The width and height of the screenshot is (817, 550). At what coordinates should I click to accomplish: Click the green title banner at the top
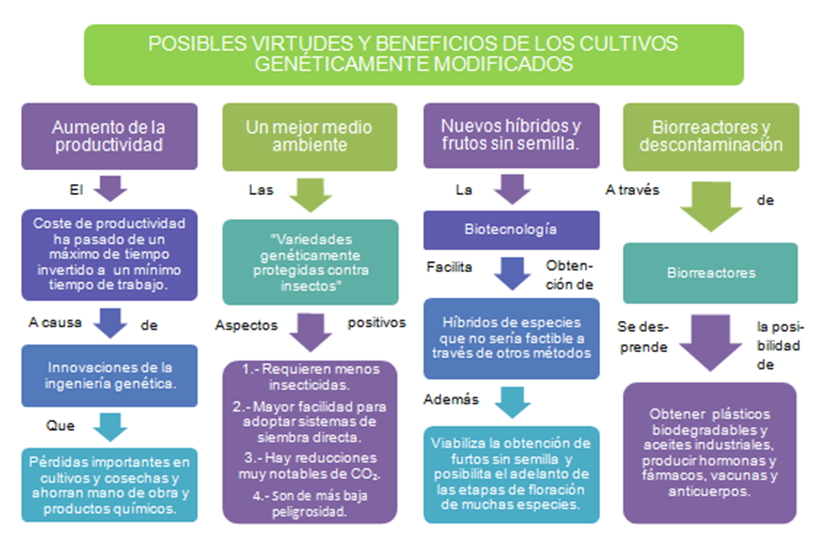[414, 54]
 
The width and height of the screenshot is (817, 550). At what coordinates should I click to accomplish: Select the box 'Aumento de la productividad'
[109, 136]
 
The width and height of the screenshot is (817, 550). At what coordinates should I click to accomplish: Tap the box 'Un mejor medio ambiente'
[309, 136]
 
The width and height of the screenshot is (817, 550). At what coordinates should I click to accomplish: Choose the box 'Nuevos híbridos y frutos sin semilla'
[511, 135]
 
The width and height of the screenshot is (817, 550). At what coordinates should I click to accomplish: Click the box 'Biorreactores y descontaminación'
[711, 136]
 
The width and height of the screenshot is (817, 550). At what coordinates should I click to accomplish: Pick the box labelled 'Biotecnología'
[511, 230]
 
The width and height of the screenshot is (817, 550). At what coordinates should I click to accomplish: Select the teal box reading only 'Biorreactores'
[711, 273]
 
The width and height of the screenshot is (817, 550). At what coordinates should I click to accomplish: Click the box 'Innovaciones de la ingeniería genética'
[109, 375]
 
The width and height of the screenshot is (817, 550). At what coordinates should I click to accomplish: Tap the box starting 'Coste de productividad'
[109, 254]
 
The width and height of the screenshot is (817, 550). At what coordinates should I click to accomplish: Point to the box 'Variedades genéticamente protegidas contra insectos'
[310, 262]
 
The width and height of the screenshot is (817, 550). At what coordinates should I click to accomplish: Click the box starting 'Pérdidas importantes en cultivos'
[109, 485]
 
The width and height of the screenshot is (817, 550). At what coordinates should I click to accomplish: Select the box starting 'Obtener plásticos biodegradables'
[709, 453]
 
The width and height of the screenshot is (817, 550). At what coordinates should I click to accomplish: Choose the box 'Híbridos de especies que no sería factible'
[511, 338]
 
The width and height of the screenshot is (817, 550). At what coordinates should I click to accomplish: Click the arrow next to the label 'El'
[110, 188]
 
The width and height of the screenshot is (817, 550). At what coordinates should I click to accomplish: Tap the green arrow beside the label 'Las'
[310, 194]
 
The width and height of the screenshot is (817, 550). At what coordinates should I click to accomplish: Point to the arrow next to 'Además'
[512, 402]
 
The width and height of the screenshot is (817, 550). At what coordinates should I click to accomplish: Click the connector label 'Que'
[60, 426]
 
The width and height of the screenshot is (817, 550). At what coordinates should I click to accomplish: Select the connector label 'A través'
[632, 190]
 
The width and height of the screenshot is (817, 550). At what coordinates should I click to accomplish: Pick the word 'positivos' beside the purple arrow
[377, 323]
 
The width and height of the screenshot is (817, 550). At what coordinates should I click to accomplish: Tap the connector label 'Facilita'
[449, 267]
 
